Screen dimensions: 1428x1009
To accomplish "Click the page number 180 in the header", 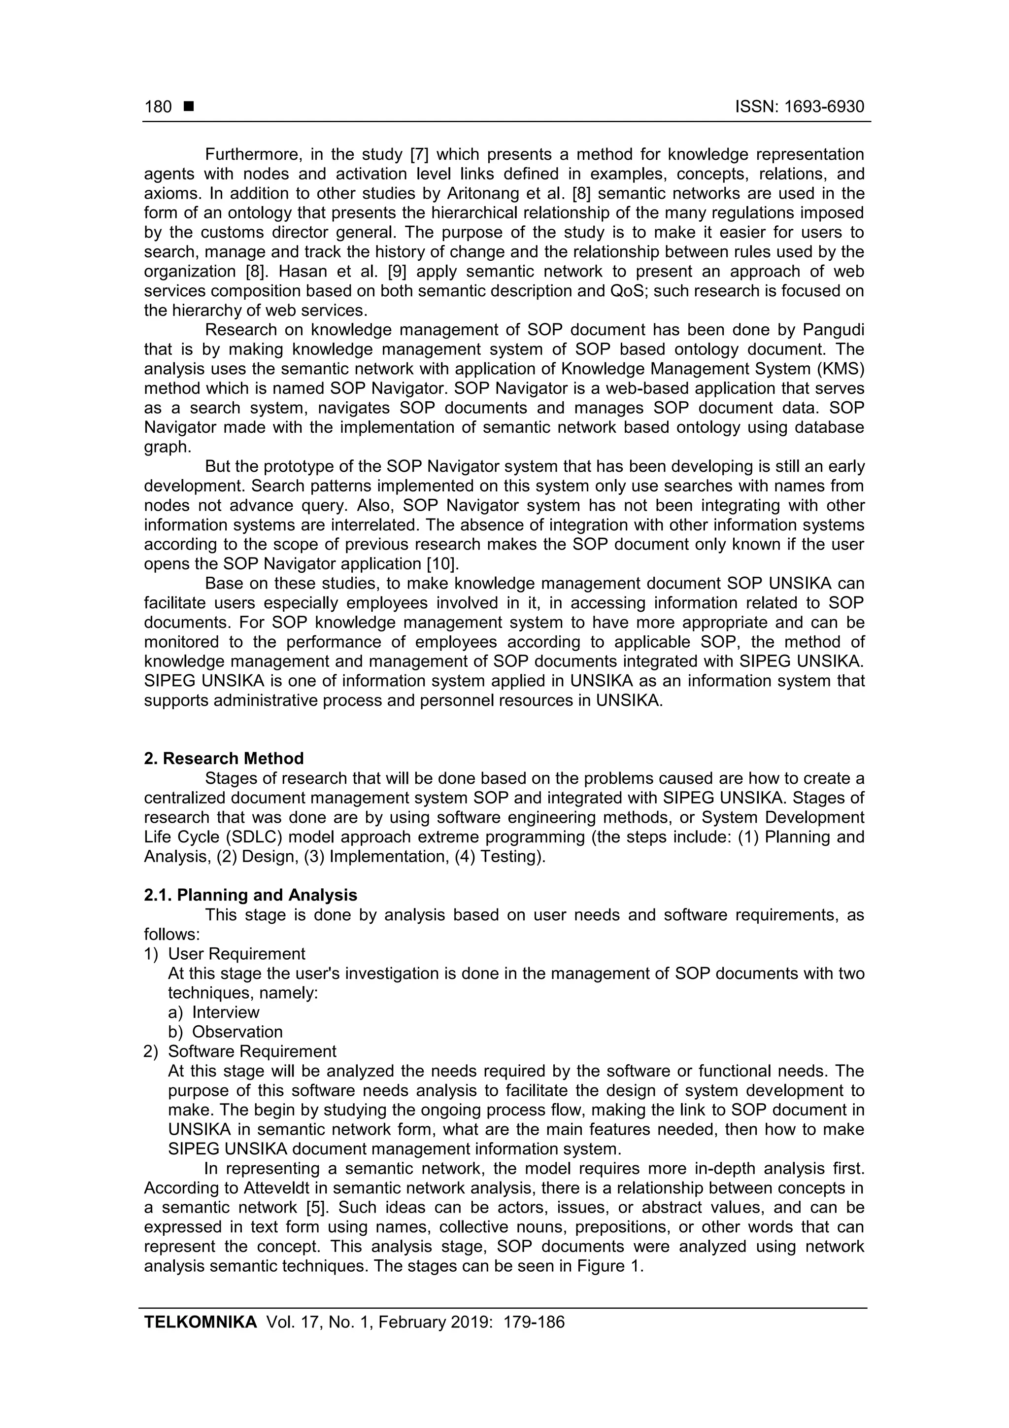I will (x=158, y=107).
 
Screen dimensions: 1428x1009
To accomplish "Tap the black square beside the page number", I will (x=189, y=106).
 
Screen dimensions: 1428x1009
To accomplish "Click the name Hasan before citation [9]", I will (x=303, y=272).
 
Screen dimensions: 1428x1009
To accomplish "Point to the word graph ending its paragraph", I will (x=167, y=447).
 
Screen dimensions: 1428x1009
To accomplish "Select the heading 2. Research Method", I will (x=224, y=759).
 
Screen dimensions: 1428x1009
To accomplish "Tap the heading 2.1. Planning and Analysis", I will (x=251, y=895).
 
